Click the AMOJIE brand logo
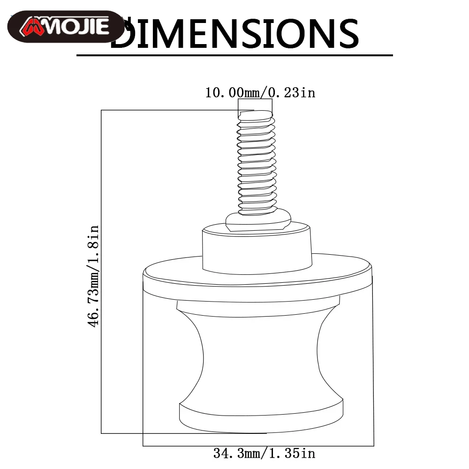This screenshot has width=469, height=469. pyautogui.click(x=66, y=27)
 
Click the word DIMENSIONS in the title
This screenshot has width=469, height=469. pyautogui.click(x=235, y=33)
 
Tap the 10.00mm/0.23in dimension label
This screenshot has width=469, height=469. pyautogui.click(x=260, y=92)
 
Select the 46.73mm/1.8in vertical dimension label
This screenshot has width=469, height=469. pyautogui.click(x=93, y=276)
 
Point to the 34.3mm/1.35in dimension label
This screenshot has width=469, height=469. pyautogui.click(x=264, y=454)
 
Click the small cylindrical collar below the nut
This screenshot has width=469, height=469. pyautogui.click(x=257, y=248)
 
